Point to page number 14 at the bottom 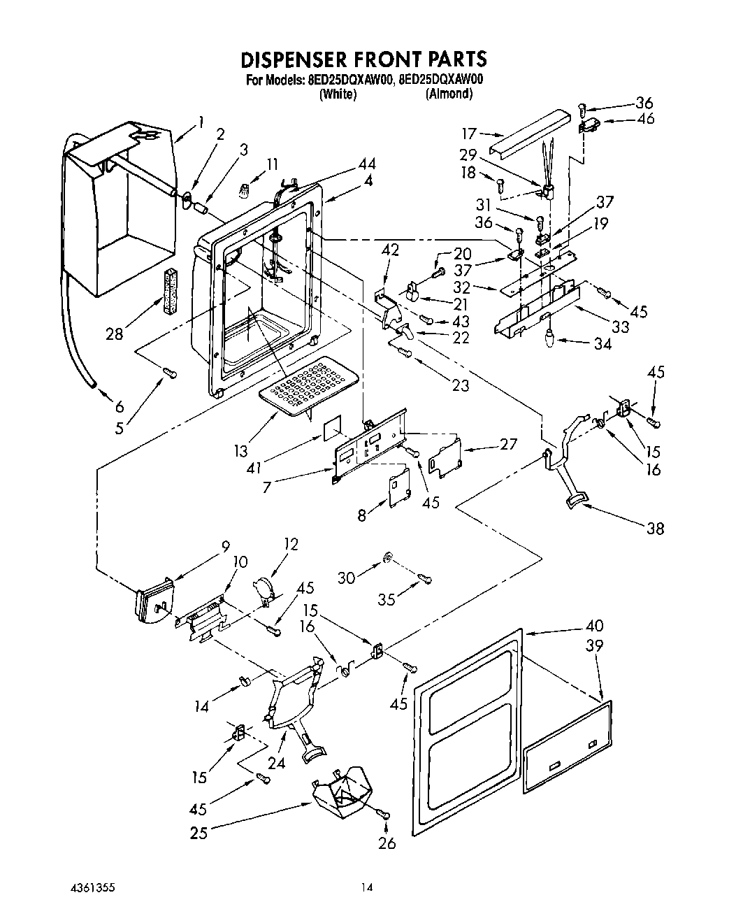367,888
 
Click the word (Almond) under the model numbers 449,94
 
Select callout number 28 114,334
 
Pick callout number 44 367,164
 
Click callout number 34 602,343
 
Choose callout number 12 290,543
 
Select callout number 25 199,833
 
